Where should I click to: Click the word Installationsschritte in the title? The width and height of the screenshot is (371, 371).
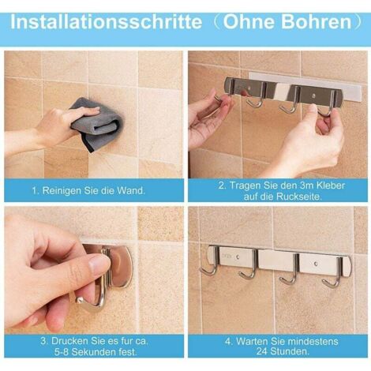[x=107, y=22]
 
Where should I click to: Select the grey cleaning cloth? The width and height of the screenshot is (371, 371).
[x=94, y=124]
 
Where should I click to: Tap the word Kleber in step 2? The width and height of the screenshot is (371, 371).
[x=330, y=185]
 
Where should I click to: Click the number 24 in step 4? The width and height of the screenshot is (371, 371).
[x=262, y=351]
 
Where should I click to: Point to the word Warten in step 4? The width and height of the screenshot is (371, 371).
[x=253, y=341]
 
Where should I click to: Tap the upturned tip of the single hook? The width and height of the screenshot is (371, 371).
[x=78, y=299]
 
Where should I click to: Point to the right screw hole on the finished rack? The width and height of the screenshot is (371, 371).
[x=315, y=264]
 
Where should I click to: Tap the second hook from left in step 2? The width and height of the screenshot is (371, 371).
[x=259, y=101]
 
